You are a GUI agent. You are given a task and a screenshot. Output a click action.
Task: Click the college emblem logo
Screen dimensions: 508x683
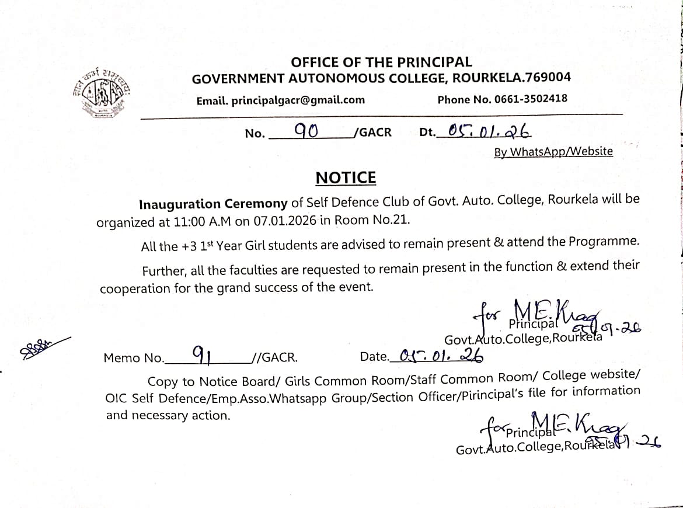[x=103, y=92]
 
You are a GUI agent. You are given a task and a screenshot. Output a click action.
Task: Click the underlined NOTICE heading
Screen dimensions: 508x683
[x=346, y=178]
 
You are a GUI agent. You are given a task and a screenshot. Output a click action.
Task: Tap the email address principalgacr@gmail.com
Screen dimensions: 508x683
[x=298, y=100]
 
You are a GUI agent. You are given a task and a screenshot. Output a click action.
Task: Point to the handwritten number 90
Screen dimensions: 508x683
[x=306, y=131]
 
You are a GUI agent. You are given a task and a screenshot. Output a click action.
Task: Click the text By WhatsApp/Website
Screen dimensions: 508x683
[x=553, y=152]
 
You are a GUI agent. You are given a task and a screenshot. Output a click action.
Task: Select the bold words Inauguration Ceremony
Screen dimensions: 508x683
[x=213, y=204]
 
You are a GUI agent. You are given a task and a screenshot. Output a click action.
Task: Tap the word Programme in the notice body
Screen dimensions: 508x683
[x=604, y=241]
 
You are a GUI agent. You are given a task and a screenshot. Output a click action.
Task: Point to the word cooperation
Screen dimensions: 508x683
[x=134, y=288]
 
